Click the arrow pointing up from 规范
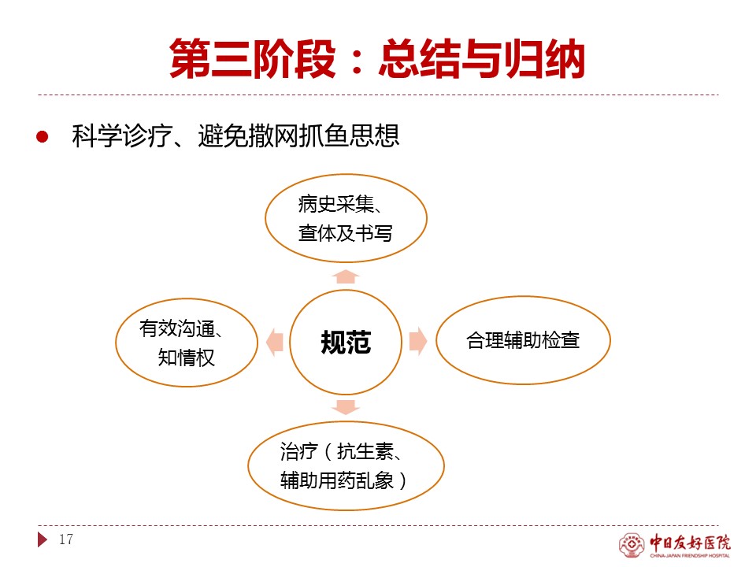[x=346, y=276]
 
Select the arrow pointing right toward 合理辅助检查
[x=418, y=341]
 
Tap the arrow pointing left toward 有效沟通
[x=274, y=343]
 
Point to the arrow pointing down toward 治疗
[x=346, y=407]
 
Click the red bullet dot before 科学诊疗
[x=43, y=137]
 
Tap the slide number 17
[x=66, y=539]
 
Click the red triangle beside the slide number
[x=43, y=539]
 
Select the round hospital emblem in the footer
[x=632, y=545]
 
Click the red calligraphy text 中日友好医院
[x=690, y=543]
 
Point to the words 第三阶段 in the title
[x=253, y=59]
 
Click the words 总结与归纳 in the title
[x=482, y=59]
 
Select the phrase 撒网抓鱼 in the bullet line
[x=298, y=135]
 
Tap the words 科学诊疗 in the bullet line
[x=123, y=135]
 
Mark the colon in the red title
[x=358, y=61]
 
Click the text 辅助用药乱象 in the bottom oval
[x=337, y=480]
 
